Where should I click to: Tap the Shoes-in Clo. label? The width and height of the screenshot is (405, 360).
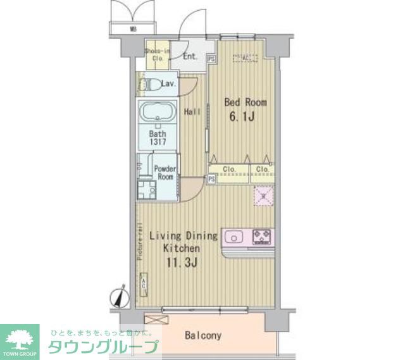(x=157, y=54)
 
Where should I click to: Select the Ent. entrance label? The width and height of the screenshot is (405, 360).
(x=190, y=56)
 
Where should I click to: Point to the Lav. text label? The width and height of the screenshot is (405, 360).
(x=169, y=84)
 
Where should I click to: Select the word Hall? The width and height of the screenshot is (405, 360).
(x=192, y=112)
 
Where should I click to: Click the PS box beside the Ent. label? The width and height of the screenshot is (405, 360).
(x=212, y=59)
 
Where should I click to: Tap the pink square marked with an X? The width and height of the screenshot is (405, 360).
(x=261, y=197)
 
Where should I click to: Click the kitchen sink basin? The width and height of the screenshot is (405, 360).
(x=234, y=238)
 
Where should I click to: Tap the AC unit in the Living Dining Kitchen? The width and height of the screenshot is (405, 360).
(x=144, y=283)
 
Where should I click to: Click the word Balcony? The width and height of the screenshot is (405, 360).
(x=203, y=335)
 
